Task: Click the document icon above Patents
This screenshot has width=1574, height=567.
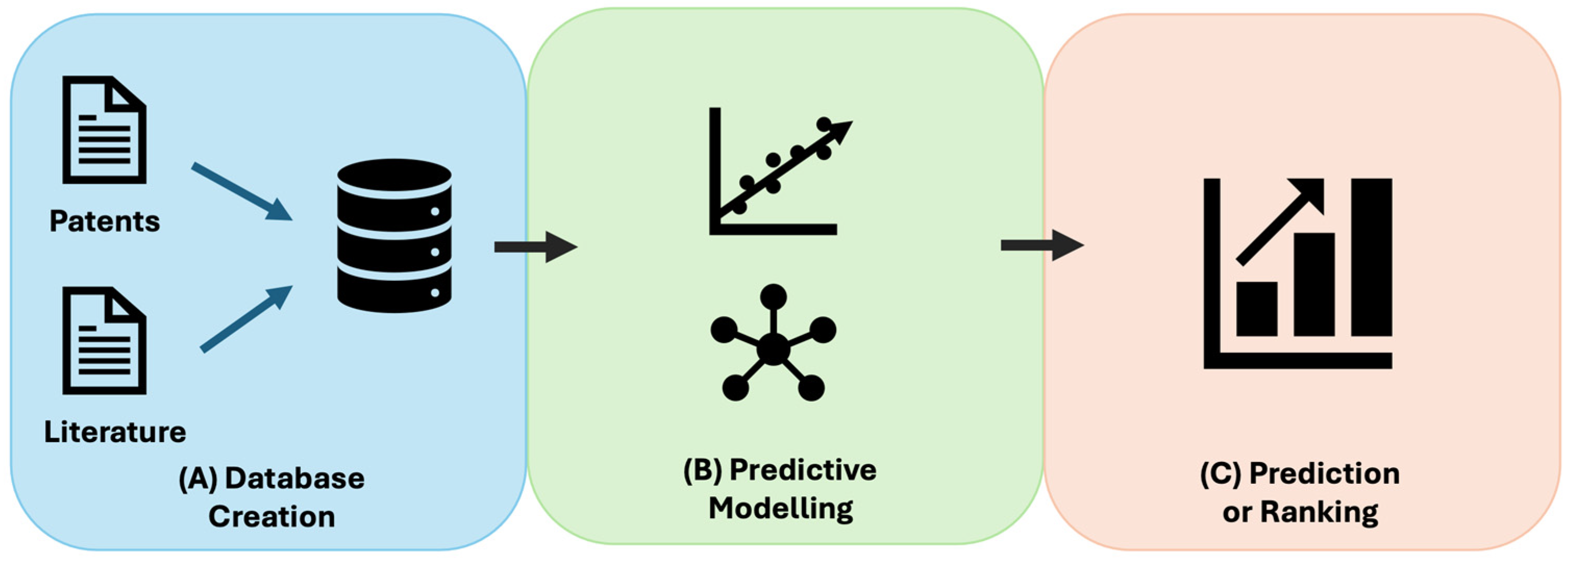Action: (x=104, y=130)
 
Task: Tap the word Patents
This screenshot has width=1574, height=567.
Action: (x=105, y=221)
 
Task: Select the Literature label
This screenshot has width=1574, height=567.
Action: (x=115, y=432)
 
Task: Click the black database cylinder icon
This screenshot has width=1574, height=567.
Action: (x=394, y=236)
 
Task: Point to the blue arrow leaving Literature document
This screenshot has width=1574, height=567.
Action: (x=246, y=318)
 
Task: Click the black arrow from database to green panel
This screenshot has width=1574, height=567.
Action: (x=534, y=247)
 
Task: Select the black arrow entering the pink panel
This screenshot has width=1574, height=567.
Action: (x=1041, y=246)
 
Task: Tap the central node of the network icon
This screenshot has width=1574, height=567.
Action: (x=773, y=350)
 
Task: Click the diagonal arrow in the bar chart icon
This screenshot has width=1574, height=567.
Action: (x=1280, y=221)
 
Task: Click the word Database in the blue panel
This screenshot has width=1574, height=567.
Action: (x=294, y=479)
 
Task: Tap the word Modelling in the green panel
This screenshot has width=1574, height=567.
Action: (x=781, y=508)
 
